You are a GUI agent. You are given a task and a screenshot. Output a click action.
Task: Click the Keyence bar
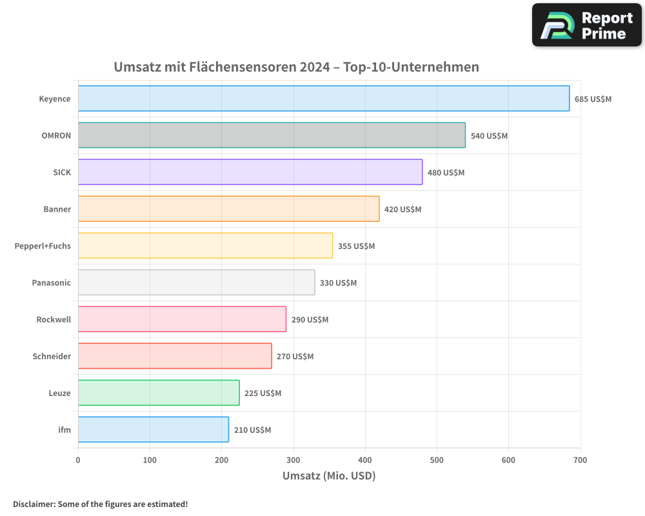(323, 99)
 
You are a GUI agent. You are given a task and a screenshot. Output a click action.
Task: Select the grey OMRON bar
(272, 135)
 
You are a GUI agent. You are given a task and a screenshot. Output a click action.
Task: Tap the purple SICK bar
(250, 172)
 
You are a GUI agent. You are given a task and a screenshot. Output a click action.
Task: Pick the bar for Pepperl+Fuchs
(205, 246)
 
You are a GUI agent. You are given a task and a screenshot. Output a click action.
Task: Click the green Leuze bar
(159, 393)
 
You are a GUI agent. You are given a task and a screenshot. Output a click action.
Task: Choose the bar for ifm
(153, 430)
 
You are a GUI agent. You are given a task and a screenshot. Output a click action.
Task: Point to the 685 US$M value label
(593, 99)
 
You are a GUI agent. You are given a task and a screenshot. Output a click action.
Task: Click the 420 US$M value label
(402, 210)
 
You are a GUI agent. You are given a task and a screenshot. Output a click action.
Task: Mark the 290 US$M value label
(310, 320)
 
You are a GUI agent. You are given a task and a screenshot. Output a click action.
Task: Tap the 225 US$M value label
(263, 393)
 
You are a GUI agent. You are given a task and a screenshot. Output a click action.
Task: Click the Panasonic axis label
(51, 283)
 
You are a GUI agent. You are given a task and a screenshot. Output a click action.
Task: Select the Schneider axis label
(52, 356)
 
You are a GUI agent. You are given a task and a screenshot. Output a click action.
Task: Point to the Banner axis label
(57, 209)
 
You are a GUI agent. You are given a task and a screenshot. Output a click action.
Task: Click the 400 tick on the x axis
(365, 460)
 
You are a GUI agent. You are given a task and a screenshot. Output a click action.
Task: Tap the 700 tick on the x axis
(580, 460)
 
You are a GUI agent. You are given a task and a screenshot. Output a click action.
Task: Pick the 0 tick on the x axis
(78, 460)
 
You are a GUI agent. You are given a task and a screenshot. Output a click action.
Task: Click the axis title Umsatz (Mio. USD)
(329, 476)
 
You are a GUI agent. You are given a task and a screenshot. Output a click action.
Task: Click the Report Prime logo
(586, 25)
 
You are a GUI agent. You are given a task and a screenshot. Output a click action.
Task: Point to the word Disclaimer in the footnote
(34, 504)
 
